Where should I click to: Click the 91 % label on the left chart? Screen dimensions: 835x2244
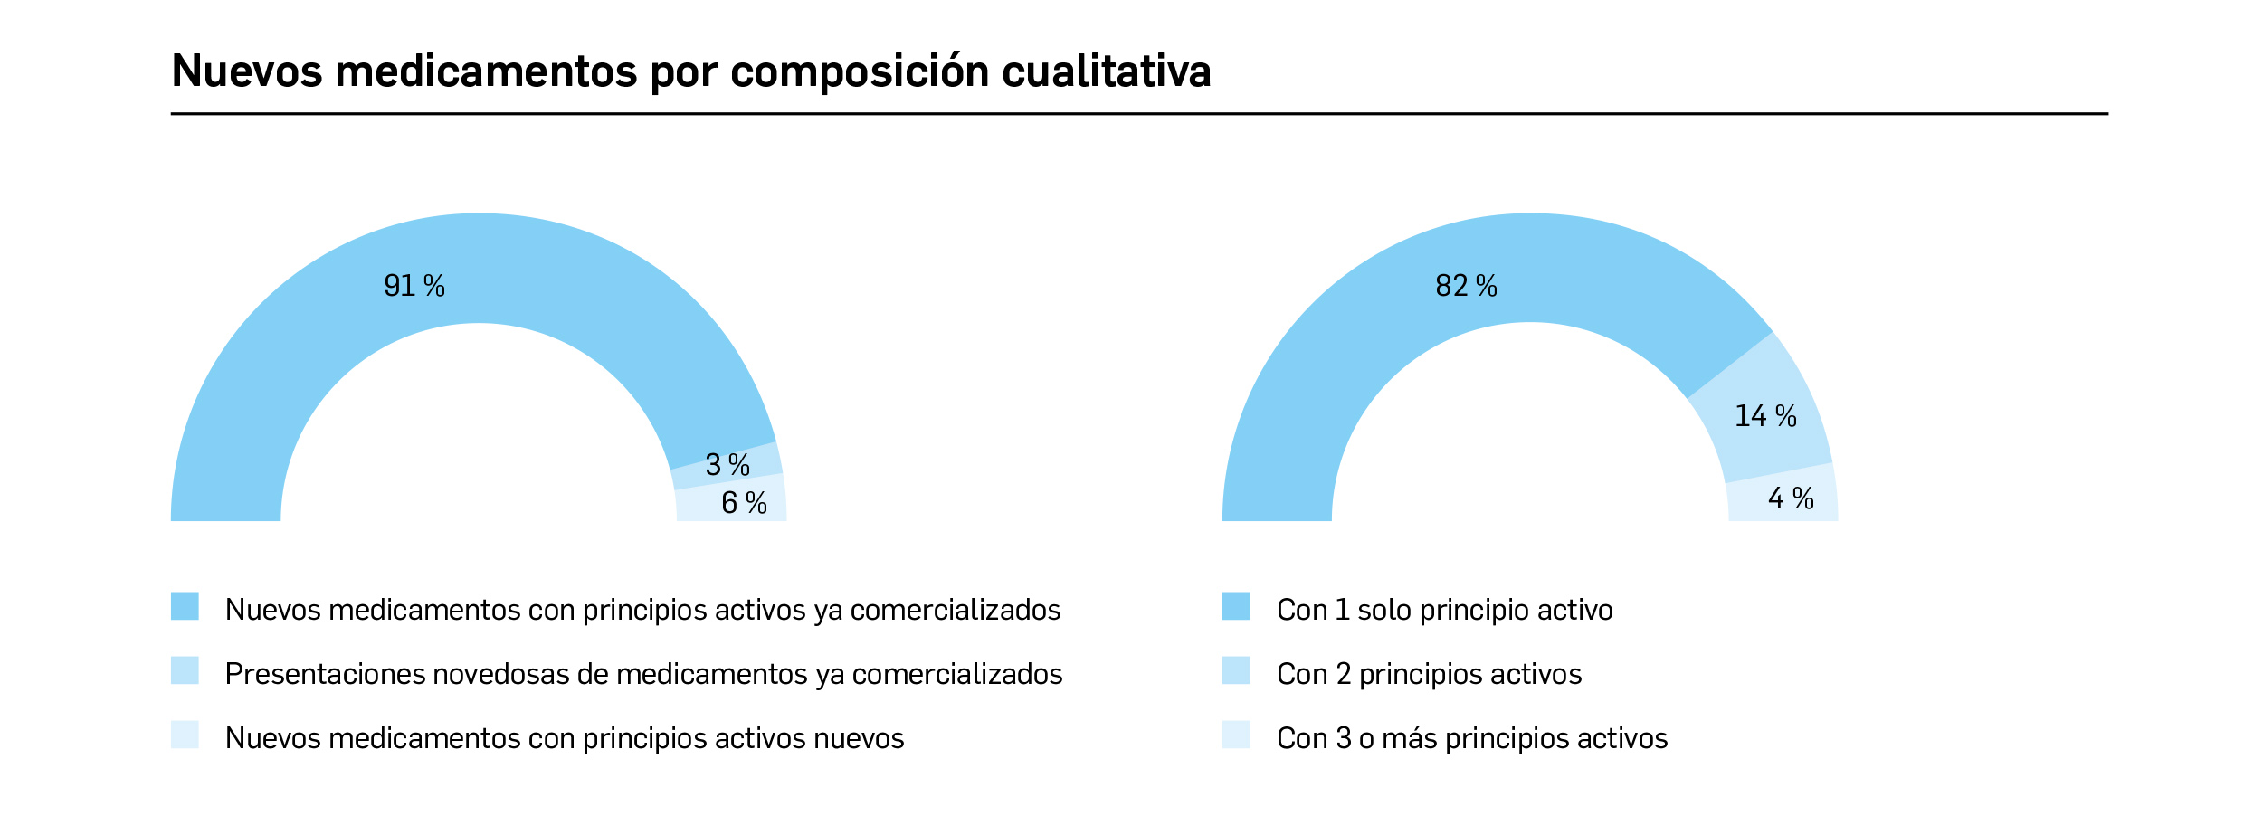414,286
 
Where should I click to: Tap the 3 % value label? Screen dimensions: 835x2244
727,465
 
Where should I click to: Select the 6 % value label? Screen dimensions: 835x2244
744,503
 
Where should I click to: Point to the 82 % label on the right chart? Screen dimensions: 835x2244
1466,286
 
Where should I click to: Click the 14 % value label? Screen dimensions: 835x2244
1765,416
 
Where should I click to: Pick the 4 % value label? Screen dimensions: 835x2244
1791,498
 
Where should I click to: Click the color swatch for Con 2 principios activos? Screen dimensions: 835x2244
1235,670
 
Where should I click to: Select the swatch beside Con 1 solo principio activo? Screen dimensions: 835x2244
1235,606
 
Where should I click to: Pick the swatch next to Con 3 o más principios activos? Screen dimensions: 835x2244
1235,735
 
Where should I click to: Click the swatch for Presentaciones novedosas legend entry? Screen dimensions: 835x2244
185,670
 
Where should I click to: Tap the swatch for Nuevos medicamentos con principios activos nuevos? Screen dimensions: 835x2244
185,735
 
